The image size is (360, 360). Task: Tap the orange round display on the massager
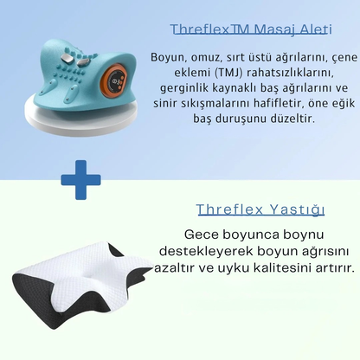[x=109, y=86]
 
